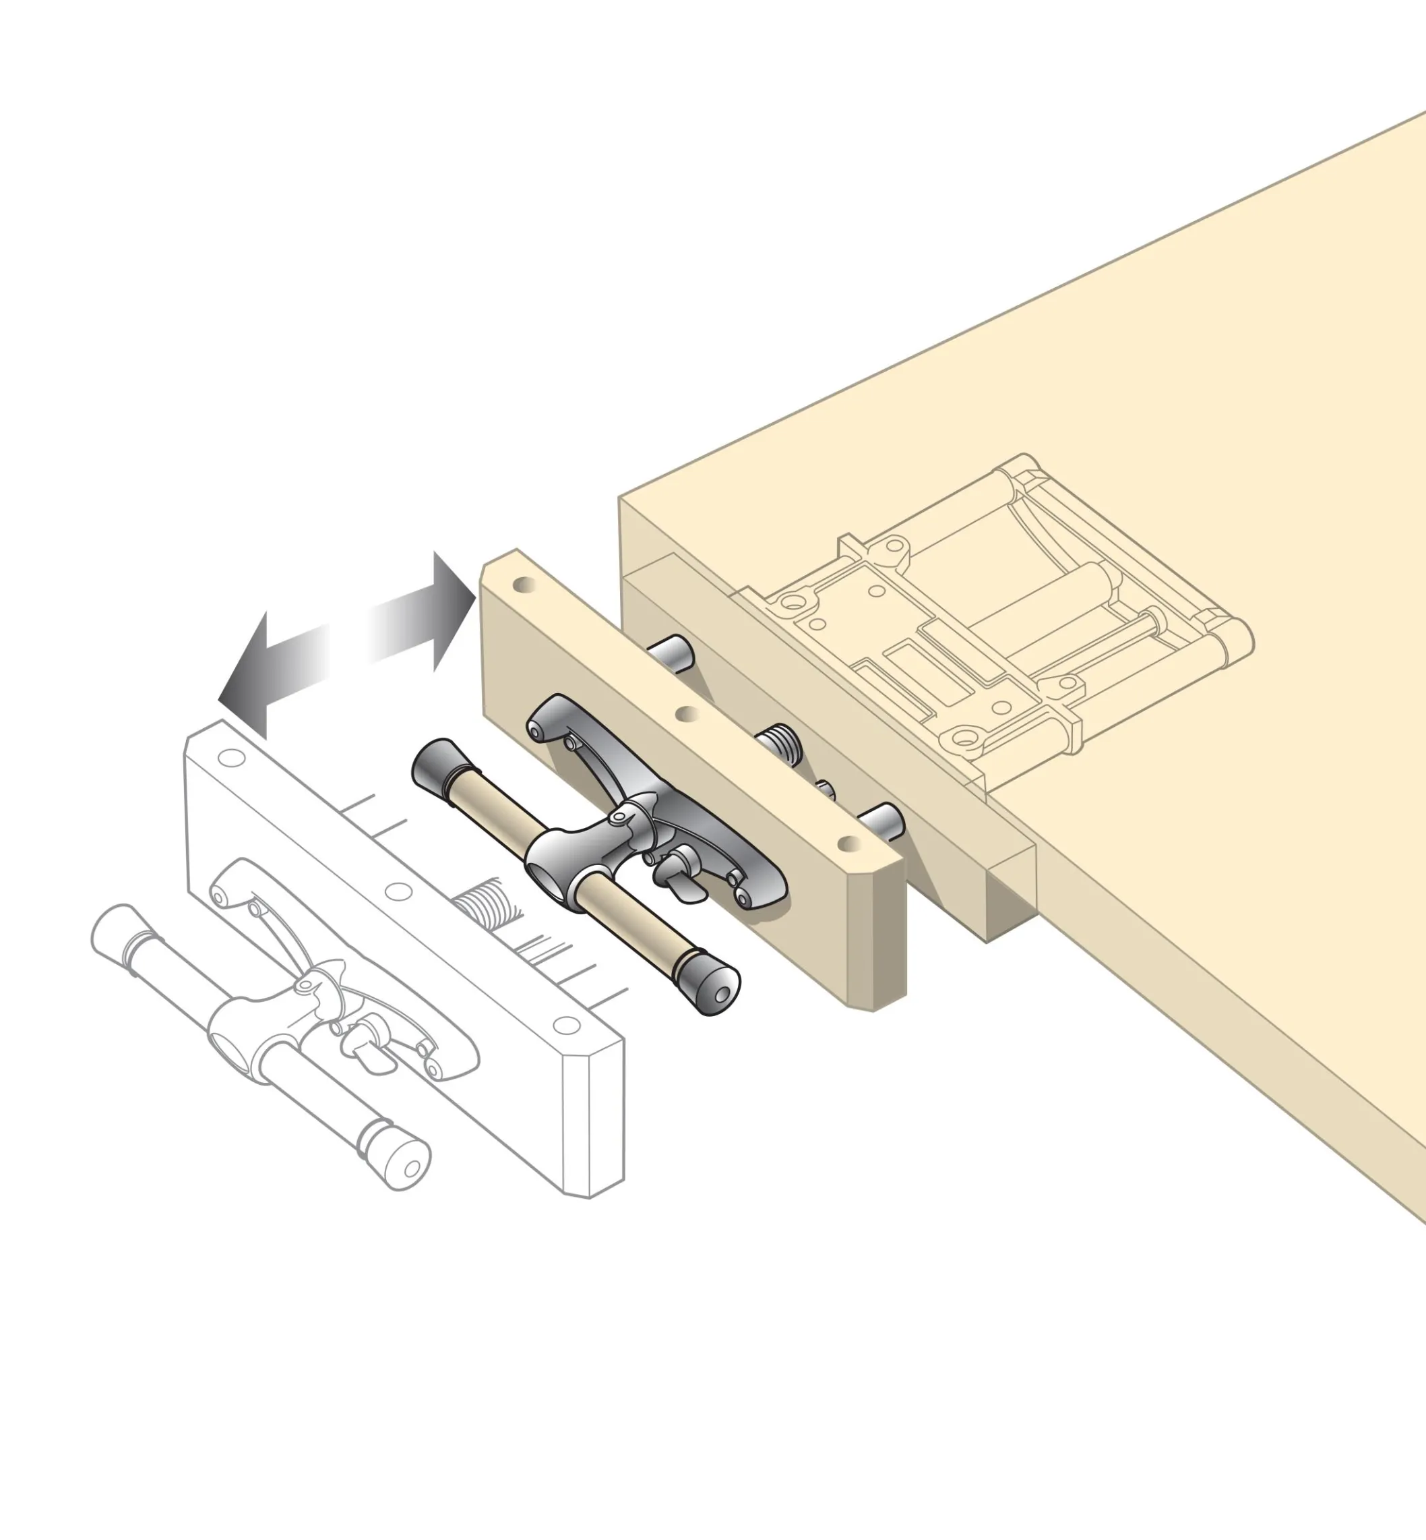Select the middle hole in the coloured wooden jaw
click(x=687, y=714)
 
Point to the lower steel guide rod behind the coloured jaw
click(x=883, y=820)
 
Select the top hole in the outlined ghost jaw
click(x=230, y=757)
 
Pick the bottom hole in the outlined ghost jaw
click(x=567, y=1025)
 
